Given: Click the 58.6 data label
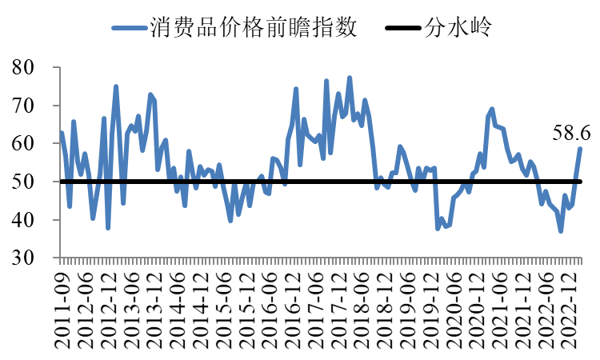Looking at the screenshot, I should tap(571, 132).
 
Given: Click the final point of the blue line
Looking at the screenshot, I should tap(581, 149).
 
